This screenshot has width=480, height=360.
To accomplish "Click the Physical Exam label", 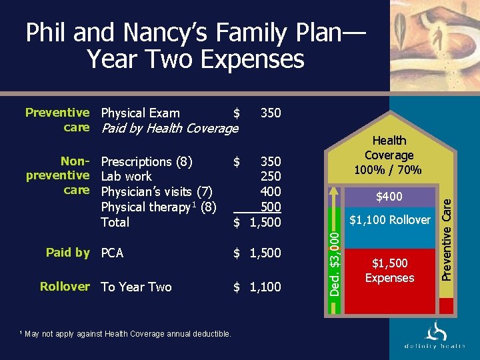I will [140, 113].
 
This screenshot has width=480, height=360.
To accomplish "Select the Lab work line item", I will [126, 177].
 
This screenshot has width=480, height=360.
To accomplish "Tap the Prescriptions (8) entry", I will [147, 161].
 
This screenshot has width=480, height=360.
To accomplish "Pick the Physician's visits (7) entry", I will [157, 192].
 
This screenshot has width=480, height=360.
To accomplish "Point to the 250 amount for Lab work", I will [271, 177].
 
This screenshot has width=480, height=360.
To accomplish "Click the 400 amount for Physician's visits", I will [271, 192].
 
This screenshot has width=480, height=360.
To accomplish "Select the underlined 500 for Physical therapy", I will [271, 207].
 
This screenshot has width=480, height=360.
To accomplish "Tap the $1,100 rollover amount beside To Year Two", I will [257, 287].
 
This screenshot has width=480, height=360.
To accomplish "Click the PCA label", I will [113, 253].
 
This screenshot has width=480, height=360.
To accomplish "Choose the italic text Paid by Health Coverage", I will [169, 129].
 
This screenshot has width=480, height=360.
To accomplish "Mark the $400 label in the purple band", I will [389, 197].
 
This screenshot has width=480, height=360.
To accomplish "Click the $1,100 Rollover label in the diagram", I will [391, 220].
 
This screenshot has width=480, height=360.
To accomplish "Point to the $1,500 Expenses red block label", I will [390, 271].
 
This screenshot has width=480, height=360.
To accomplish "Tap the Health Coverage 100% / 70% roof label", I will [389, 155].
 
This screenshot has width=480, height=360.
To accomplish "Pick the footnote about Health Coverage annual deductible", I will [126, 333].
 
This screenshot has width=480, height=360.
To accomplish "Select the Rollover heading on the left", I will [65, 287].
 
